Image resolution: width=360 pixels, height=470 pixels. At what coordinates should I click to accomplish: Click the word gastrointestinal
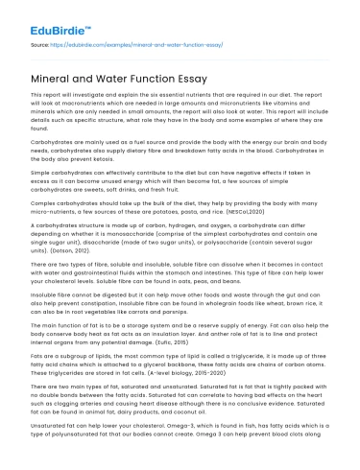[x=84, y=273]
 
